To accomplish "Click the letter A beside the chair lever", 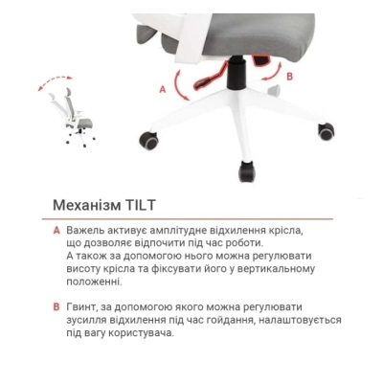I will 163,86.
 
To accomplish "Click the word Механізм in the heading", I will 83,206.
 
